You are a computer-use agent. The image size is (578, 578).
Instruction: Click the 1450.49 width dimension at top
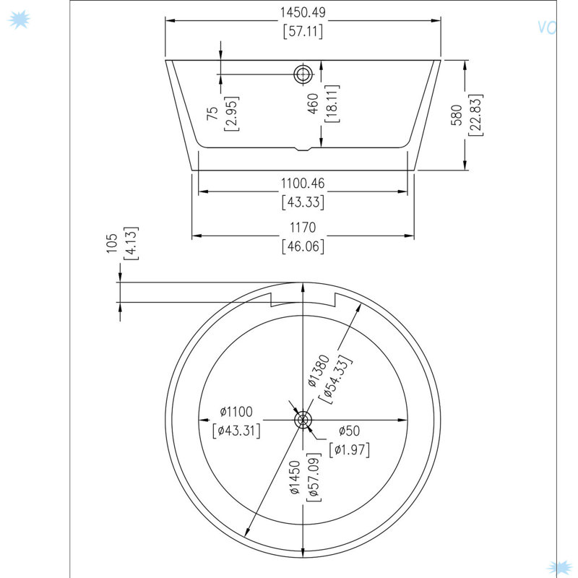[303, 12]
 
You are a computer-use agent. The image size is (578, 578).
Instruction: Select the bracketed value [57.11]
[303, 31]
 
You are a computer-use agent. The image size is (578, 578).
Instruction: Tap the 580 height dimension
[457, 115]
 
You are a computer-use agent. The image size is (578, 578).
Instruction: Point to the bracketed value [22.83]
[475, 115]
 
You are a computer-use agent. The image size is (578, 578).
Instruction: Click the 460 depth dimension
[313, 103]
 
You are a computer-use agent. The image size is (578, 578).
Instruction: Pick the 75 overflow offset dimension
[212, 113]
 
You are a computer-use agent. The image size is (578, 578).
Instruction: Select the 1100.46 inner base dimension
[303, 184]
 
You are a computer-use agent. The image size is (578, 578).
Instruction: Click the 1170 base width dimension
[303, 228]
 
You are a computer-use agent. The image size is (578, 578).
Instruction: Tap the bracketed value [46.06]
[303, 246]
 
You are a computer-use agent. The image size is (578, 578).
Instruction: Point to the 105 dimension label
[112, 243]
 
